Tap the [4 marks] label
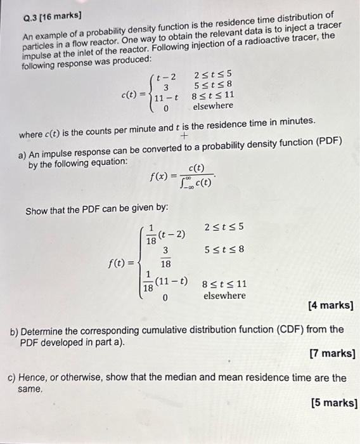(x=330, y=306)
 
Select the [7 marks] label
(x=331, y=353)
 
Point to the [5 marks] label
(x=334, y=402)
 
